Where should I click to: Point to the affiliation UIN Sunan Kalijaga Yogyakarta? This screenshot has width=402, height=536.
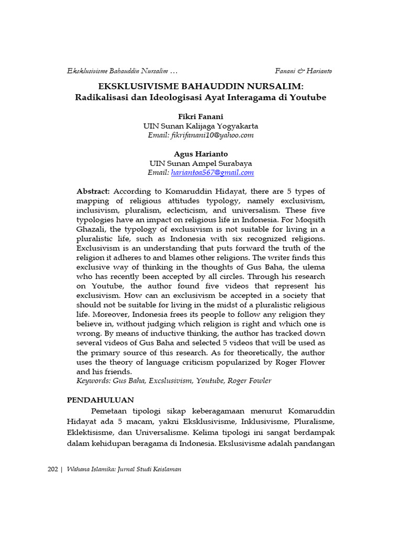pos(200,126)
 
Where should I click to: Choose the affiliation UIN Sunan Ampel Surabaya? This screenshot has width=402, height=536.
pos(200,163)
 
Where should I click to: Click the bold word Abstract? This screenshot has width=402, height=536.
pos(93,192)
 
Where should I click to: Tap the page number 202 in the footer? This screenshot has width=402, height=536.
pos(52,470)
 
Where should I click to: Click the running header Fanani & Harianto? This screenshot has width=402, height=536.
pos(303,71)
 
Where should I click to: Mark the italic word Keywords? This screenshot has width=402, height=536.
pos(94,381)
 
